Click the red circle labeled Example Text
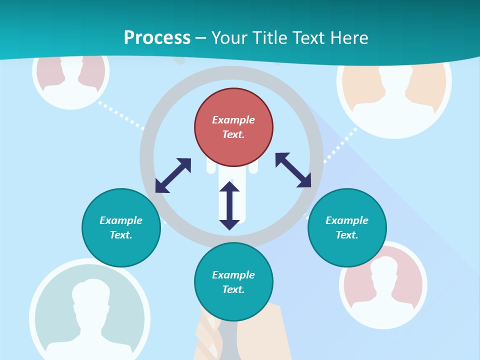233,127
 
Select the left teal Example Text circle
121,227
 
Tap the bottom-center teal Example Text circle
233,282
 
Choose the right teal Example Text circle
347,227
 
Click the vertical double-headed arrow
229,205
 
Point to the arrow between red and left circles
173,175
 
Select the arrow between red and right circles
293,170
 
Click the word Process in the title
157,37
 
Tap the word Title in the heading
269,37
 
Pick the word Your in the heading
229,37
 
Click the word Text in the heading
308,37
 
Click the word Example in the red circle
233,120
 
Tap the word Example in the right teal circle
347,220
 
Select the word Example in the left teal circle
121,220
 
